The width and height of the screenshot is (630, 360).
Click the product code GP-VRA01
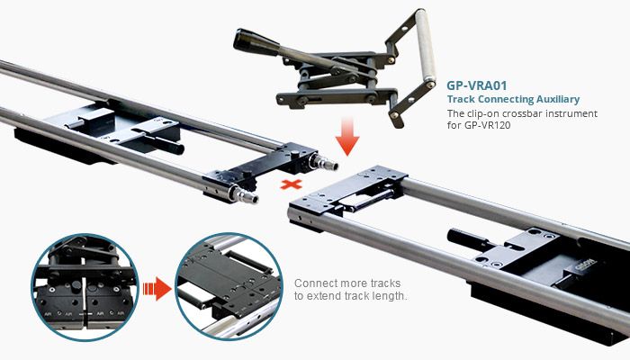[477, 85]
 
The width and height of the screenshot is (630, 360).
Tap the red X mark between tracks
[292, 184]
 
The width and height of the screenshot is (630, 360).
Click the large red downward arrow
[347, 137]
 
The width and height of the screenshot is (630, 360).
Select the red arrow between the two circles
[157, 289]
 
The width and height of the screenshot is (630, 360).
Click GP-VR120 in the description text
[488, 125]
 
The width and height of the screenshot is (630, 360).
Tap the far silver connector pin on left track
[323, 162]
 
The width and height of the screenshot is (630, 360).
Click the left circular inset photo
[85, 287]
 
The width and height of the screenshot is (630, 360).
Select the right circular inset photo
[229, 286]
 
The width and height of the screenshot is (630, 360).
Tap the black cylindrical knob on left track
[166, 144]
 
